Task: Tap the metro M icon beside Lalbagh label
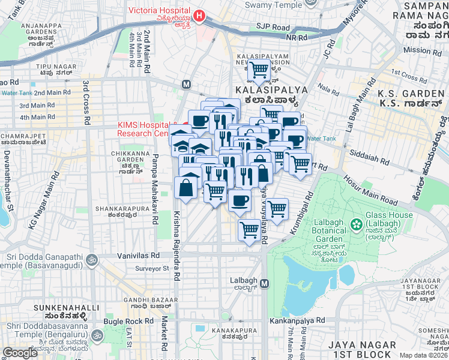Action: pyautogui.click(x=265, y=283)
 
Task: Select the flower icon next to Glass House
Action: pyautogui.click(x=357, y=224)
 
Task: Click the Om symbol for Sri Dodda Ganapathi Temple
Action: pyautogui.click(x=92, y=260)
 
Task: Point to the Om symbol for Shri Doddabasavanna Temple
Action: pyautogui.click(x=97, y=333)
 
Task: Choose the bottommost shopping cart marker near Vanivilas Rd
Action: pyautogui.click(x=249, y=229)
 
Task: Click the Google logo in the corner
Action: pyautogui.click(x=20, y=353)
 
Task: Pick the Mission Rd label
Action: pyautogui.click(x=422, y=50)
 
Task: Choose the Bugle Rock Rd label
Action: pyautogui.click(x=122, y=322)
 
